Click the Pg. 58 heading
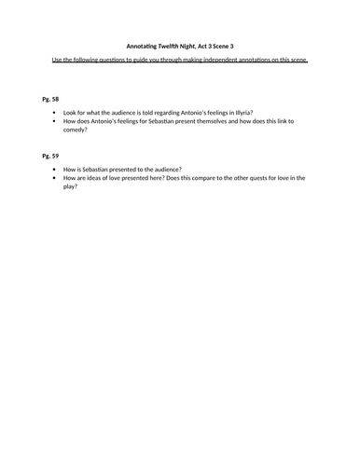[51, 97]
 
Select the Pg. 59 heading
[51, 157]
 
